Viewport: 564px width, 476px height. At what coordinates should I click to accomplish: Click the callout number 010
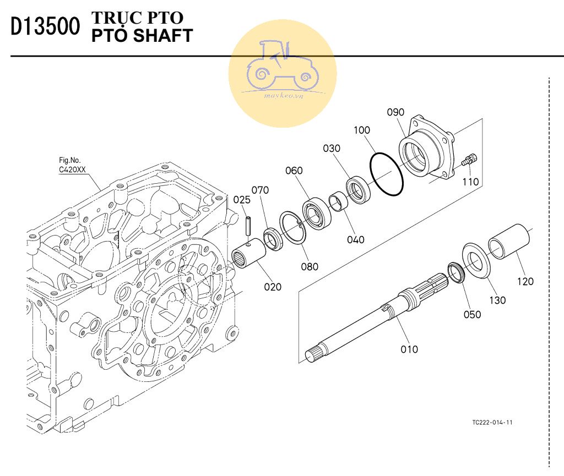click(409, 349)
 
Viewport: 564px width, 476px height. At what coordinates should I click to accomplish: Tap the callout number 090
click(395, 112)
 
